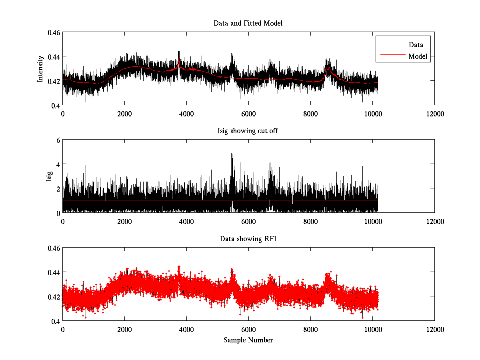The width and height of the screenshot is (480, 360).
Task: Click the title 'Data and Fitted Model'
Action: (x=248, y=23)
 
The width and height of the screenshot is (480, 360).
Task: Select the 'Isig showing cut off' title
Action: (x=248, y=131)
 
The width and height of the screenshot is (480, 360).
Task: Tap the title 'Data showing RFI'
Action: (x=248, y=239)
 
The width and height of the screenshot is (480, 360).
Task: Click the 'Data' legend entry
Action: (x=416, y=45)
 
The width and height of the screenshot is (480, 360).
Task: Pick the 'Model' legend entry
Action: (x=418, y=56)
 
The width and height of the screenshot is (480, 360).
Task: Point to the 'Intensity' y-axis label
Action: (x=40, y=69)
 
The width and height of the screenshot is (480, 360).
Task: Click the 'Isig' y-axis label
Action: (x=49, y=176)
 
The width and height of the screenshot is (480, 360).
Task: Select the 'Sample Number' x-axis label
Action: (x=248, y=340)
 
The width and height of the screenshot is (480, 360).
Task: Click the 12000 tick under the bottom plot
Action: (x=435, y=329)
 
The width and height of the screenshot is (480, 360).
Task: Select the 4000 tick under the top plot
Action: (x=186, y=114)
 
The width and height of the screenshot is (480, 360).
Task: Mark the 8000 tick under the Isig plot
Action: (x=310, y=221)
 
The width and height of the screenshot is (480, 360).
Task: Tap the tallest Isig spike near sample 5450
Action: (x=232, y=154)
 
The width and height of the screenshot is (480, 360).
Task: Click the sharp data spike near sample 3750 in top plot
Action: (x=179, y=52)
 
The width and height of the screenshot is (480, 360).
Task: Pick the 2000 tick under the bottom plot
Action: (x=124, y=329)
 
